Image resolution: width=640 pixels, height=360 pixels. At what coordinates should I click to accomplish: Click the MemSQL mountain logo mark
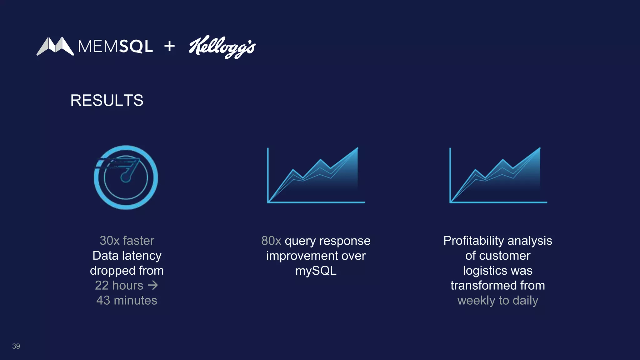tap(55, 46)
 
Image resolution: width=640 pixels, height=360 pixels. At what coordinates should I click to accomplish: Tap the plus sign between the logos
tap(169, 46)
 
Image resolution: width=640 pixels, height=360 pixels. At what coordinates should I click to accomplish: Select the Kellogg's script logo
tap(222, 47)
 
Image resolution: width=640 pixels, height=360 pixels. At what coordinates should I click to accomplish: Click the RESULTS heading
tap(107, 100)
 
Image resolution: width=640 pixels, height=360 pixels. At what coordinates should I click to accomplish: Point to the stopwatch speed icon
tap(126, 177)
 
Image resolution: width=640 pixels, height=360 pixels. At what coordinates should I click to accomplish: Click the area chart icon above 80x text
tap(316, 176)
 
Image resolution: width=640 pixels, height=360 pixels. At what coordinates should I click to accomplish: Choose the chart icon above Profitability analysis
tap(498, 176)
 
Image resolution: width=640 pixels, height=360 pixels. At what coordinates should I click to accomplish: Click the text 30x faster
tap(127, 241)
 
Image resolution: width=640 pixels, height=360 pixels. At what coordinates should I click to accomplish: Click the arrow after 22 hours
tap(153, 285)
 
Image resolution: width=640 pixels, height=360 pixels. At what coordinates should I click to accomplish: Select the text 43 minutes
tap(127, 300)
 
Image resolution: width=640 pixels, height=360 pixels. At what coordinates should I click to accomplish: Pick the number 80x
tap(271, 241)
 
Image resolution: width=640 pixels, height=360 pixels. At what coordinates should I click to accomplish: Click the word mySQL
tap(316, 271)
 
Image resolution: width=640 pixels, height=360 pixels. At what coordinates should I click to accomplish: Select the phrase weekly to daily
tap(497, 300)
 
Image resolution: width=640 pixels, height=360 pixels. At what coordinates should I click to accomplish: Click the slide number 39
tap(16, 346)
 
